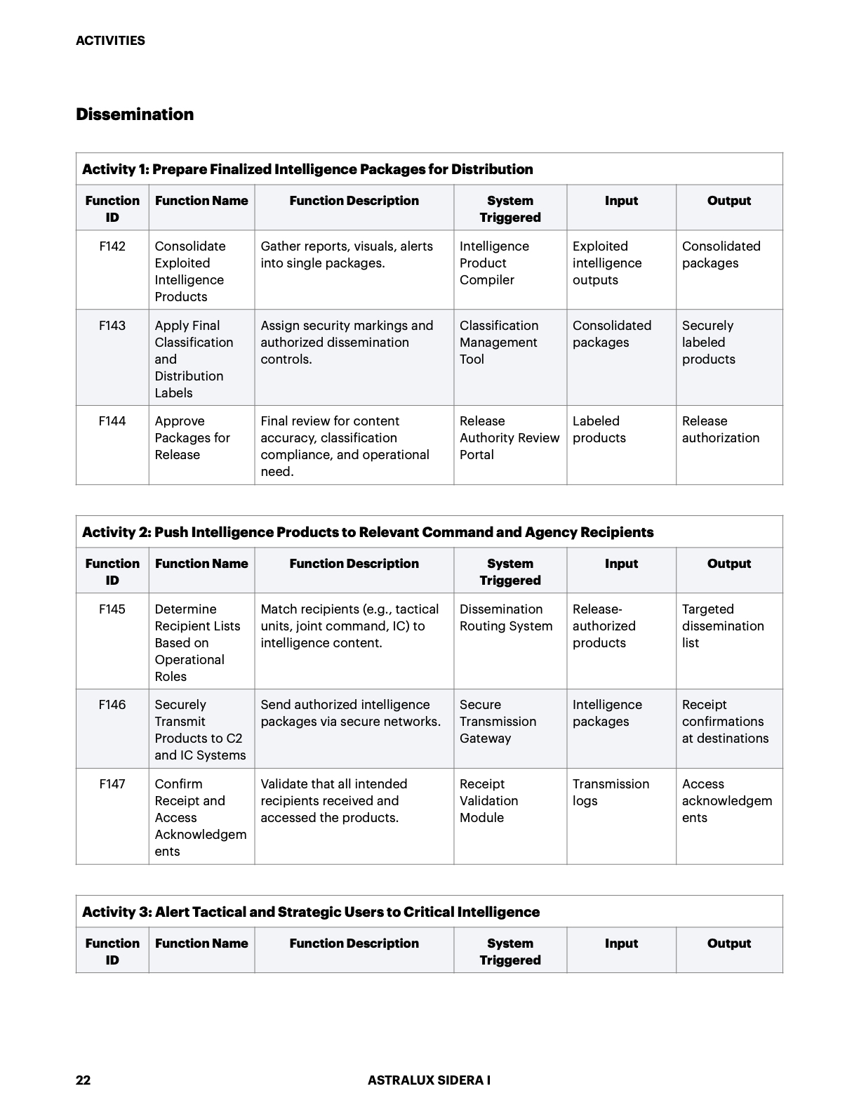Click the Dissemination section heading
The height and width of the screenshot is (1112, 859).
(x=135, y=114)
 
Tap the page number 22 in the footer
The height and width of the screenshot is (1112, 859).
(x=83, y=1080)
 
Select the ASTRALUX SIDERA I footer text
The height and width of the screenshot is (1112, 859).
(x=429, y=1080)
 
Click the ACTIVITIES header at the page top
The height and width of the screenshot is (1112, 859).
(x=110, y=41)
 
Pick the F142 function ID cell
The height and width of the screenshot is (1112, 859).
(x=112, y=246)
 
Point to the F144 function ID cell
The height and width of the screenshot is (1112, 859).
(x=112, y=421)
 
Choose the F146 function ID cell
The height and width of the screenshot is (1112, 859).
(x=112, y=705)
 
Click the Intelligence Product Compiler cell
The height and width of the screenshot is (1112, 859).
(x=494, y=263)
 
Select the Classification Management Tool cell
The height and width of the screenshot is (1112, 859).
(x=498, y=343)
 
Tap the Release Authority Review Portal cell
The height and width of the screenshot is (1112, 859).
(x=509, y=438)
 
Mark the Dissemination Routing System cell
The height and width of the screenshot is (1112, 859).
(x=505, y=618)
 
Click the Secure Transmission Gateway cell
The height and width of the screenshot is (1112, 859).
(x=498, y=722)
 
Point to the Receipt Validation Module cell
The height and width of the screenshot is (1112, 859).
(x=488, y=801)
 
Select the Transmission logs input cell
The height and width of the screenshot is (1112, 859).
(x=611, y=793)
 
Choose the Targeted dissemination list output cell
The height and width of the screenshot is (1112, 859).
(x=722, y=626)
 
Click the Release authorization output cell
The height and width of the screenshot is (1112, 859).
(x=720, y=430)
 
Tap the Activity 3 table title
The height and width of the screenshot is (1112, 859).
(x=311, y=912)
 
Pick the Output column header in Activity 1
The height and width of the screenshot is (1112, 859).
(x=728, y=201)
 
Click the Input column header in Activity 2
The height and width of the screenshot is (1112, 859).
(x=621, y=564)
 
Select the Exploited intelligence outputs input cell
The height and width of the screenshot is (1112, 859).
(x=606, y=263)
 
